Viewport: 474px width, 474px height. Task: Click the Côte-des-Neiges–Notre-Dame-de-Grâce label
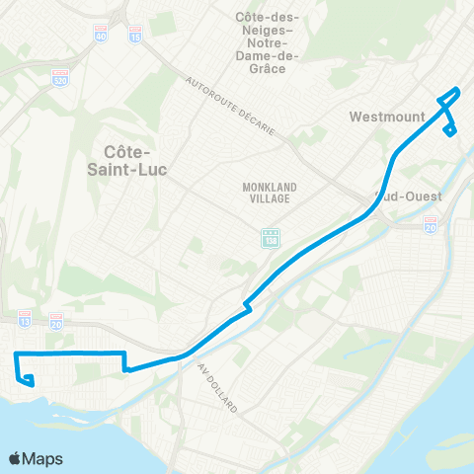[275, 42]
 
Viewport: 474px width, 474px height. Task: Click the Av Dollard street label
[218, 387]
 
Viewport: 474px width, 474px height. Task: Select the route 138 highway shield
[270, 238]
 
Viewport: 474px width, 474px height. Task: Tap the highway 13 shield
[24, 317]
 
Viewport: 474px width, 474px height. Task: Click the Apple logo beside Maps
[16, 458]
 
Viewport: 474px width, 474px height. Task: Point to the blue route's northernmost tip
[455, 90]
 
